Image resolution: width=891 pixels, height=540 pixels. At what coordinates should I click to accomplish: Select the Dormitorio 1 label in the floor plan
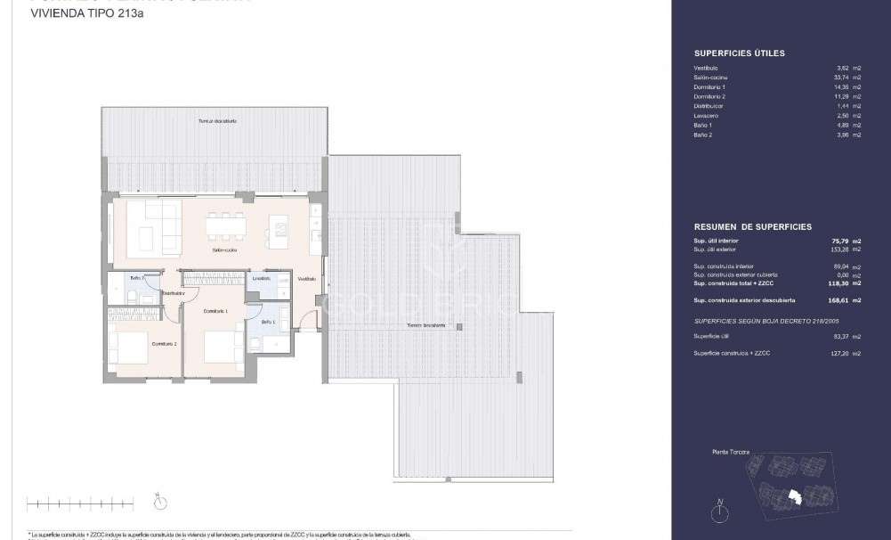[x=215, y=311]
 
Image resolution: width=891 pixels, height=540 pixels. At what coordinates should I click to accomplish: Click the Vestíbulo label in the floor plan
[x=306, y=279]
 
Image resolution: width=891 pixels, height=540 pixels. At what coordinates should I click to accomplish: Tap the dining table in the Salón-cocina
[x=224, y=227]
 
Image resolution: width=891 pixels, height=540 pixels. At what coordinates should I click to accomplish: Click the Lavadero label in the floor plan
[x=261, y=278]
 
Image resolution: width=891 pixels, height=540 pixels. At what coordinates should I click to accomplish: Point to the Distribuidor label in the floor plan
[x=173, y=292]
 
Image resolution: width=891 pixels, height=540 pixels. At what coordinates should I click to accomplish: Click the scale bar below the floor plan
[x=80, y=505]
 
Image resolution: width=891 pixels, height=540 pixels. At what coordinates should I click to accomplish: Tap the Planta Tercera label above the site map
[x=731, y=454]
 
